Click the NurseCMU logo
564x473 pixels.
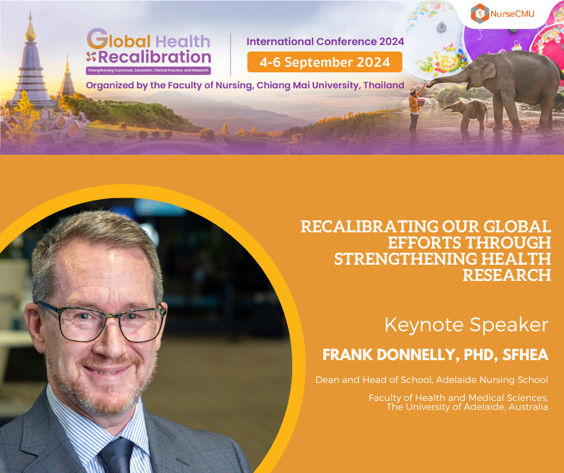502,14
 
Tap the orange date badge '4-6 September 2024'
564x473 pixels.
325,62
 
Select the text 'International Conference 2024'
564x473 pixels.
325,41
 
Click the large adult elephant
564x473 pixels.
507,88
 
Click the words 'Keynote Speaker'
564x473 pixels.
466,325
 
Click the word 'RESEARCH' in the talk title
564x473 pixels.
506,275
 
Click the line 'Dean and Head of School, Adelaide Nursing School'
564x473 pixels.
431,380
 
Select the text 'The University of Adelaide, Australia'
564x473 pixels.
467,407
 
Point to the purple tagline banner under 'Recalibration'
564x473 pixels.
148,70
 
